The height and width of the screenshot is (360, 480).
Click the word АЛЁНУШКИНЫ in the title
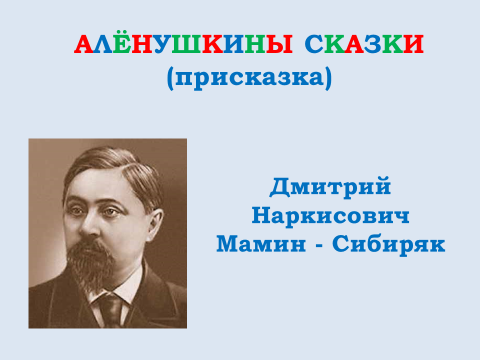[183, 44]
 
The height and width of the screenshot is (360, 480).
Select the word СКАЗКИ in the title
[364, 44]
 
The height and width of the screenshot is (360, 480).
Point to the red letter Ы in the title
[279, 44]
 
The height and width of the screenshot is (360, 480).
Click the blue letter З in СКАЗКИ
[372, 44]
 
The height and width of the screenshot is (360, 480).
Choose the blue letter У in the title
[162, 44]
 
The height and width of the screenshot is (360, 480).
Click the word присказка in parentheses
[249, 78]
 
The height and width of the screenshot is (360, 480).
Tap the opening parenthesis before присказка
[170, 78]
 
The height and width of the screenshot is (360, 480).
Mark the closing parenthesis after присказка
[328, 78]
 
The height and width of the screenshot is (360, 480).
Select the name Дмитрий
[330, 186]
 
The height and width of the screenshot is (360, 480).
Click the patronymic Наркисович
[330, 216]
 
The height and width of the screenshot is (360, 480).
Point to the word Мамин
[261, 244]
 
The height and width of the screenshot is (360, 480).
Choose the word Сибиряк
[388, 245]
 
